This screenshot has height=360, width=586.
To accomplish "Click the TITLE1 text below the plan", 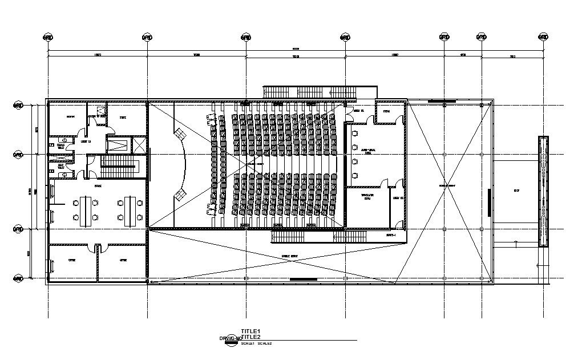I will coord(250,331).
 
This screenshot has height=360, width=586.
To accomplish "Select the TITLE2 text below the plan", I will coord(250,337).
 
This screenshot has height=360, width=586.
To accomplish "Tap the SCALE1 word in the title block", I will coord(248,343).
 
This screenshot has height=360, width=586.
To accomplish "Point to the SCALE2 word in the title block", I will coord(264,343).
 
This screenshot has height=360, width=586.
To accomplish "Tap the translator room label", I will coord(367,196).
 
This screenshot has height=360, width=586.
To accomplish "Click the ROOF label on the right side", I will coord(516,191).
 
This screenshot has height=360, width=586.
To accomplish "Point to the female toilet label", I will coord(60,147).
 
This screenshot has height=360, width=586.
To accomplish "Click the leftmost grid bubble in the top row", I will coord(48,37).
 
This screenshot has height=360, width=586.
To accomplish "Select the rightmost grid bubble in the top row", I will coord(543,37).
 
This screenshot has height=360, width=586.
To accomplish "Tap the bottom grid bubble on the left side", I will coord(18,278).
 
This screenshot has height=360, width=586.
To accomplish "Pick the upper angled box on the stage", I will coord(180,134).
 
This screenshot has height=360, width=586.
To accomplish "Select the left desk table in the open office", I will coord(86,210).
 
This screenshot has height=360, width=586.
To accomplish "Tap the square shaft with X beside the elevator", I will coord(139,144).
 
